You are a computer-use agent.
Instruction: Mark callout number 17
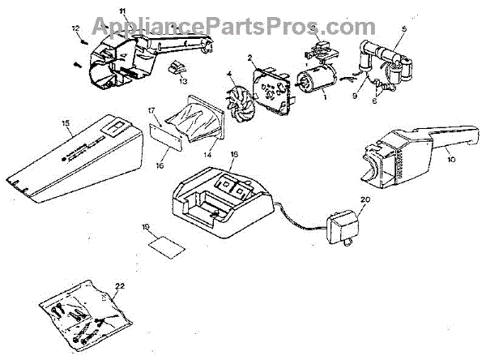click(151, 109)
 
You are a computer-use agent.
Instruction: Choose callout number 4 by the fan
click(230, 74)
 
